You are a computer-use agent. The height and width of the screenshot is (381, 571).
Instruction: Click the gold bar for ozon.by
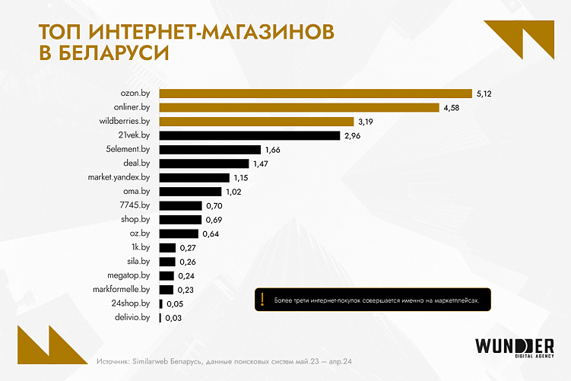coord(316,94)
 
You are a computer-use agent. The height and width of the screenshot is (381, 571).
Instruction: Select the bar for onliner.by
coord(300,107)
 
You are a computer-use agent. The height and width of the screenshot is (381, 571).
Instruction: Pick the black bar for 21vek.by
coord(249,135)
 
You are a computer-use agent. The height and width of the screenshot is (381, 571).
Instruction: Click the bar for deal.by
coord(204,164)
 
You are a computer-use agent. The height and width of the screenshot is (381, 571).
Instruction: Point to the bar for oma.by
coord(190,192)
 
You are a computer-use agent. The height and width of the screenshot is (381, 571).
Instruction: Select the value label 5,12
coord(485,94)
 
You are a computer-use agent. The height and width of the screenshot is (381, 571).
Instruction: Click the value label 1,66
coord(273,150)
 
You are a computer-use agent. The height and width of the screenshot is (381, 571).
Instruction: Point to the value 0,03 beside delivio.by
coord(172,318)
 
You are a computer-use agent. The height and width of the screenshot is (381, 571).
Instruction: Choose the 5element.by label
coord(128,150)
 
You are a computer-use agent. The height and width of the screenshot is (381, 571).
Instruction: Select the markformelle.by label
coord(124,290)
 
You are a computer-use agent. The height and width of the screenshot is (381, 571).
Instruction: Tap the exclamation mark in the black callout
coord(262,300)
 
